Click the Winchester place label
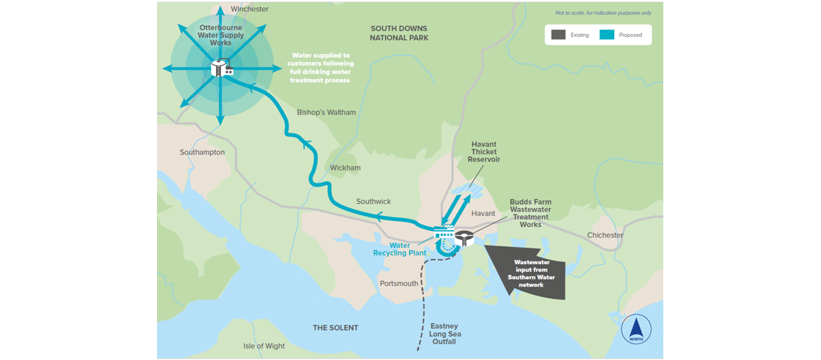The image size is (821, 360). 249,9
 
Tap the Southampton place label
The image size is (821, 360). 202,152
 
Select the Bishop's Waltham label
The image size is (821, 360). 326,112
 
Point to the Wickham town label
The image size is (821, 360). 345,168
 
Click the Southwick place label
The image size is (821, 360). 374,201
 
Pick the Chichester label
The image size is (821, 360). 605,235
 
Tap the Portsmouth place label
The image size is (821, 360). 398,283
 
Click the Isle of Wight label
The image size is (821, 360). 264,346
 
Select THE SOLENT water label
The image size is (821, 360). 335,328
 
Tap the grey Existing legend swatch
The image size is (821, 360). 557,35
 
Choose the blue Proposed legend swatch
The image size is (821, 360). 606,35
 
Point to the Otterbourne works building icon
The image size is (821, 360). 221,68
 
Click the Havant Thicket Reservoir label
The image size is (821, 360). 484,152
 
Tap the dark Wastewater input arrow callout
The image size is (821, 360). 526,271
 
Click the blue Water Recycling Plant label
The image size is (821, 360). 400,249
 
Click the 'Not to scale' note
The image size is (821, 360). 603,13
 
